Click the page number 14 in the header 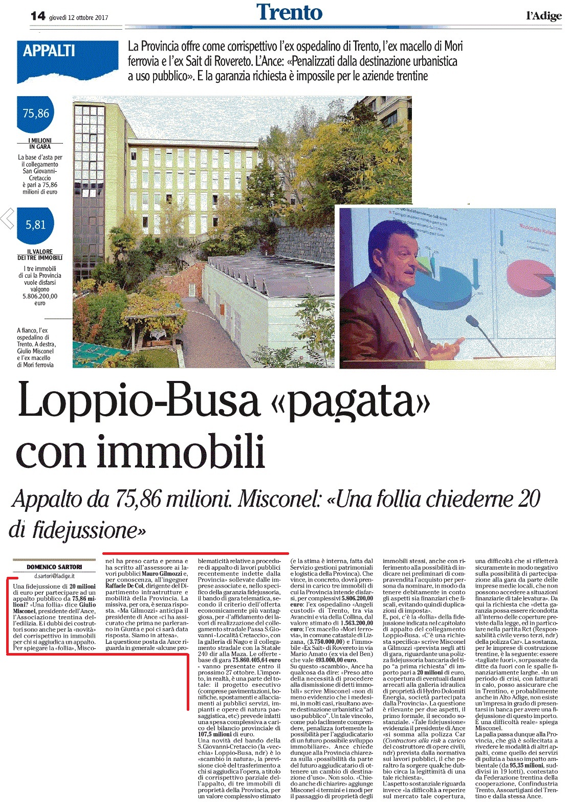pyautogui.click(x=38, y=16)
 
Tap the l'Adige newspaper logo pyautogui.click(x=543, y=16)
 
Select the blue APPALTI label pyautogui.click(x=49, y=51)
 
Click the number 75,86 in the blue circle pyautogui.click(x=36, y=114)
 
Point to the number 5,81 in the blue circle pyautogui.click(x=36, y=224)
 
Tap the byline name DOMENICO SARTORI pyautogui.click(x=54, y=567)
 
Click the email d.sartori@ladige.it pyautogui.click(x=54, y=576)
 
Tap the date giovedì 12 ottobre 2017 pyautogui.click(x=79, y=17)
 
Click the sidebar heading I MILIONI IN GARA pyautogui.click(x=39, y=144)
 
